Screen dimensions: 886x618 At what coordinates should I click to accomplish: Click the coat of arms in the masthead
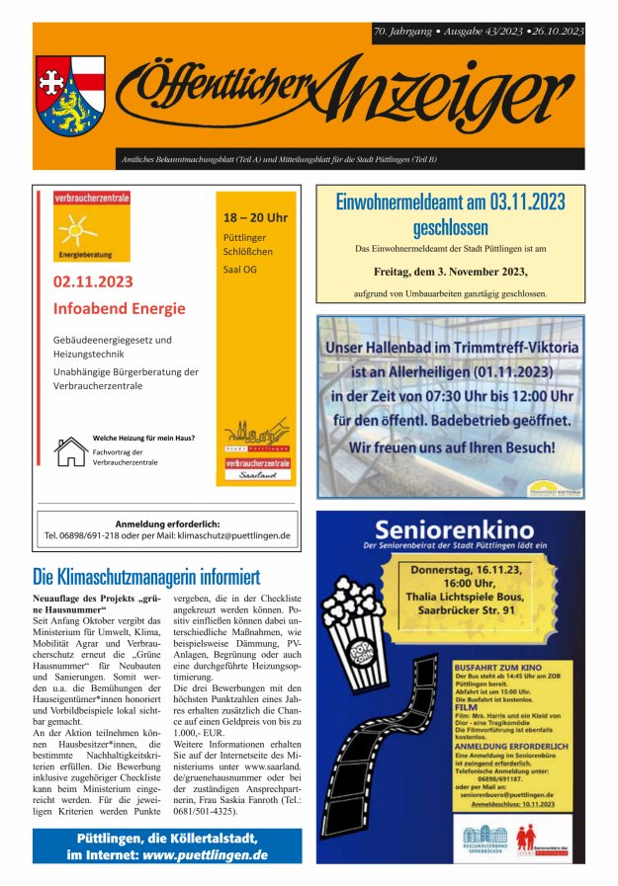point(70,95)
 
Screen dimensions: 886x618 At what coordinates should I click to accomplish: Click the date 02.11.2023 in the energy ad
point(93,282)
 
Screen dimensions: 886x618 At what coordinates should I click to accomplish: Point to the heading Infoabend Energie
point(119,308)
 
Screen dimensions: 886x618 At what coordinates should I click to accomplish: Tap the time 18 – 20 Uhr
point(255,217)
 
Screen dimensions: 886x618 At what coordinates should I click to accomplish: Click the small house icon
point(70,450)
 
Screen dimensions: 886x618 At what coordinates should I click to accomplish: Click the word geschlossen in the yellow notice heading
point(450,228)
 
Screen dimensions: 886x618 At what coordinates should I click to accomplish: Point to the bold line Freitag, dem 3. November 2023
point(450,271)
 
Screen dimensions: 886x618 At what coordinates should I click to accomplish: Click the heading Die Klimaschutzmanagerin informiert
point(145,576)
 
